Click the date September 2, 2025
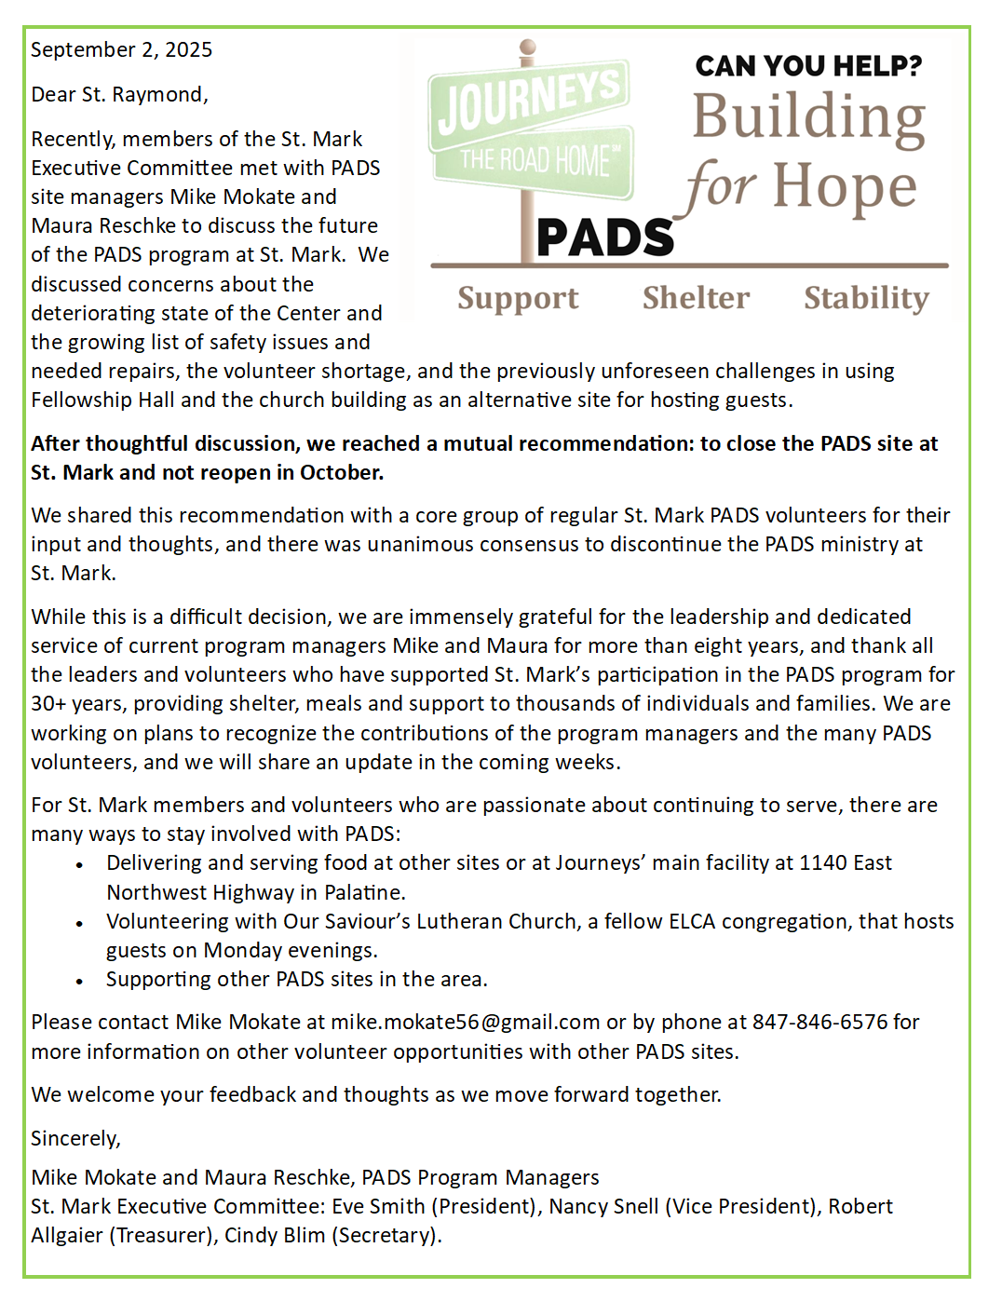tap(121, 50)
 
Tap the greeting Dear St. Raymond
tap(119, 95)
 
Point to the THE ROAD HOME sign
tap(535, 161)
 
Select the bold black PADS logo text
tap(605, 237)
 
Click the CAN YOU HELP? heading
tap(808, 66)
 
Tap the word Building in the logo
tap(808, 118)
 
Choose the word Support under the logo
tap(518, 298)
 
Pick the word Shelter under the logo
tap(696, 298)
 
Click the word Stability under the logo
tap(866, 298)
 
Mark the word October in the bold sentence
tap(341, 473)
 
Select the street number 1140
tap(823, 863)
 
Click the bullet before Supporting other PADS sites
tap(80, 981)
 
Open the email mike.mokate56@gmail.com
tap(465, 1023)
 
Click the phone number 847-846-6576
tap(819, 1023)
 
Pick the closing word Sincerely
tap(75, 1139)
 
